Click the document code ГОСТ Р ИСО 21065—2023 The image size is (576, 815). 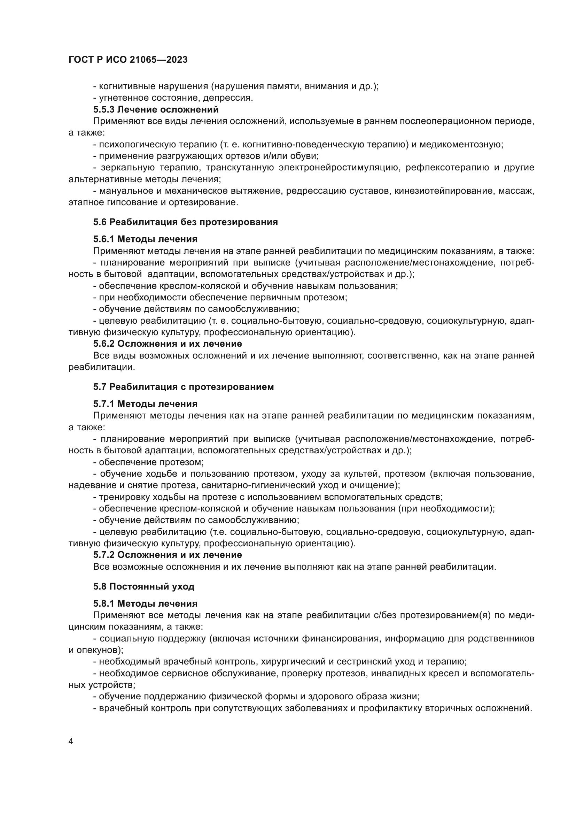[128, 60]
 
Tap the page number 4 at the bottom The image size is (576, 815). [71, 741]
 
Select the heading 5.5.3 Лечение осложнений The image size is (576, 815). [156, 109]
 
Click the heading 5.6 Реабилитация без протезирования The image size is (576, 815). [186, 222]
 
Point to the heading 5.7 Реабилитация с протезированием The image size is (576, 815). [184, 387]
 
